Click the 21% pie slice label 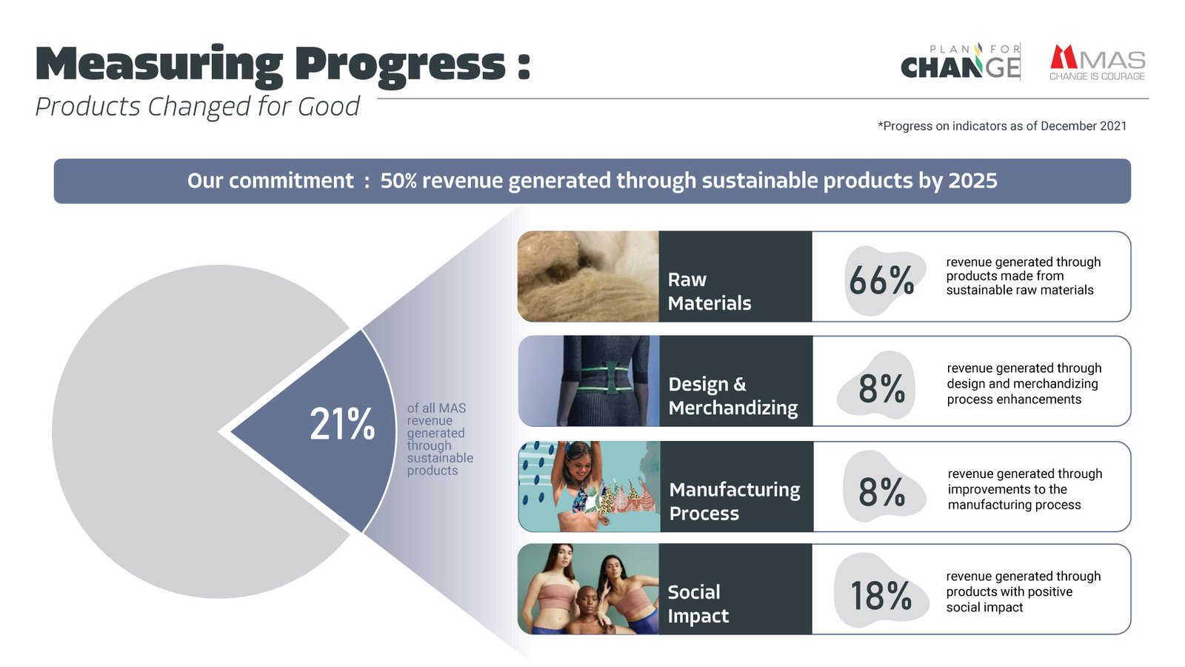[x=342, y=425]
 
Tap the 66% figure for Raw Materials [x=881, y=281]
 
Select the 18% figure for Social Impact [x=881, y=596]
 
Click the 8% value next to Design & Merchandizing [x=881, y=388]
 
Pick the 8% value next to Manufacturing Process [x=881, y=492]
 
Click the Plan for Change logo [x=961, y=62]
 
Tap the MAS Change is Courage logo [x=1097, y=63]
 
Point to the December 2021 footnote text [x=1002, y=126]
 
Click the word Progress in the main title [x=400, y=64]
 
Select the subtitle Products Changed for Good [x=197, y=107]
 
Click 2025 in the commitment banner [x=972, y=181]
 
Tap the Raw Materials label [x=709, y=291]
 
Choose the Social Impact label [x=698, y=604]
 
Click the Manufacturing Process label [x=734, y=502]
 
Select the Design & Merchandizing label [x=732, y=396]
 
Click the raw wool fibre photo [x=588, y=276]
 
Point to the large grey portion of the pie [x=148, y=430]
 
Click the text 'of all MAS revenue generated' [x=436, y=421]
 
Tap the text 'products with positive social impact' [x=1009, y=600]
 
